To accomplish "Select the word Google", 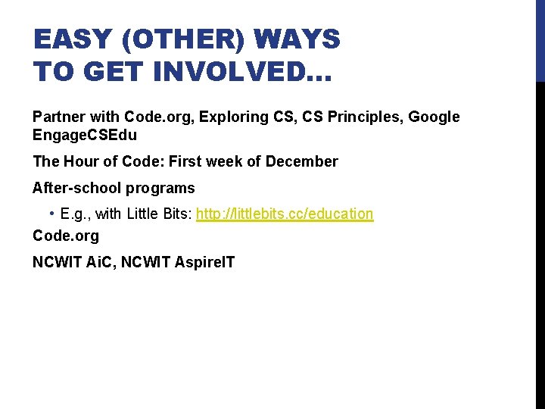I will click(434, 117).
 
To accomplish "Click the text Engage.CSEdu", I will click(85, 136).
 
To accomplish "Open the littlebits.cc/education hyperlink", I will click(285, 214).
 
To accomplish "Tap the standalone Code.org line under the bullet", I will click(66, 236).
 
